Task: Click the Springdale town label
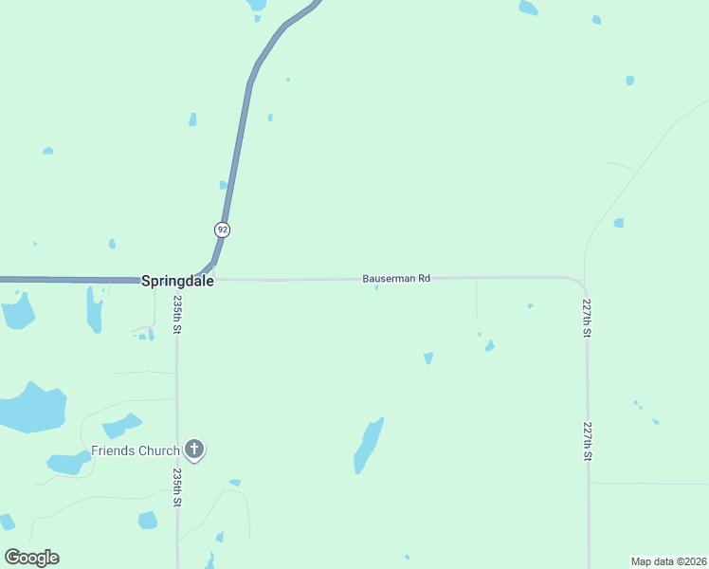click(176, 281)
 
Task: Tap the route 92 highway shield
click(222, 229)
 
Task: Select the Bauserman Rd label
click(396, 279)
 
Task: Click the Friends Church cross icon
click(194, 449)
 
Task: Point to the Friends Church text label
click(136, 450)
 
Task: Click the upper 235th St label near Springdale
click(177, 314)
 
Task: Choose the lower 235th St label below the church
click(177, 486)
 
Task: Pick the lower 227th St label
click(588, 442)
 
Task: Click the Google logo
click(31, 558)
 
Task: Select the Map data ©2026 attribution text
click(668, 561)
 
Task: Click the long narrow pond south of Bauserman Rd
click(369, 446)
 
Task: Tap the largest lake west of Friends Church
click(31, 409)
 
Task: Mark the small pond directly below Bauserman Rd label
click(377, 288)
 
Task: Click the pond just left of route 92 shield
click(224, 185)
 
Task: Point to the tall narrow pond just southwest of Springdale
click(95, 309)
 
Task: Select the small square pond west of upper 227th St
click(619, 223)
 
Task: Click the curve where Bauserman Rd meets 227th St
click(579, 283)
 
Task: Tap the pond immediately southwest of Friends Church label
click(67, 463)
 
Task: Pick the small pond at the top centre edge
click(257, 5)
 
